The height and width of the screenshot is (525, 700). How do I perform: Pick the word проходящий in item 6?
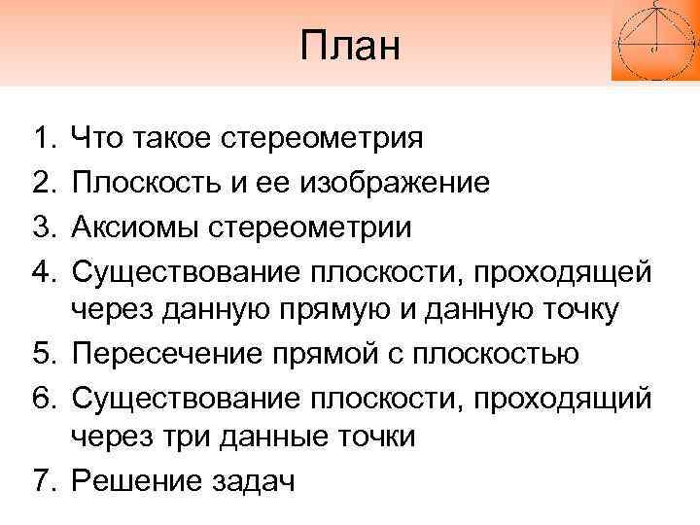(561, 396)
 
